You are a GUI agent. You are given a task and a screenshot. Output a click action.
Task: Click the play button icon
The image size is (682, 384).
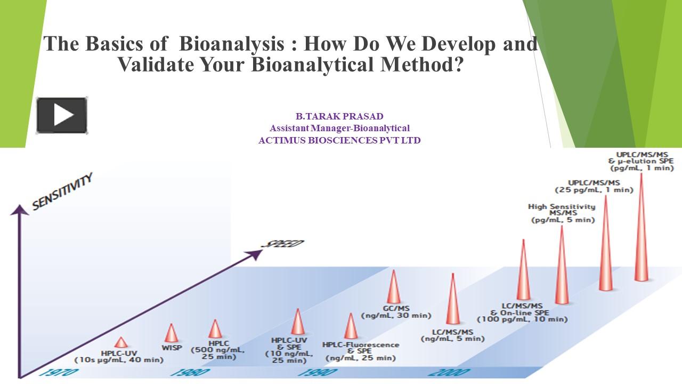coord(62,115)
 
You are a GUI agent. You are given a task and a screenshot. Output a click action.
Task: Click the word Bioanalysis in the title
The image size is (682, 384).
coord(232,44)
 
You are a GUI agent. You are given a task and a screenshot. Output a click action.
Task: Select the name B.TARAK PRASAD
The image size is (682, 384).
coord(339,116)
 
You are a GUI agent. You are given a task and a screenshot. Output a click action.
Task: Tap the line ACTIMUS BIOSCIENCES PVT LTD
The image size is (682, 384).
coord(339,140)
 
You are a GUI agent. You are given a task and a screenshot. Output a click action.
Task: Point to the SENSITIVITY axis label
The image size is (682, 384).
coord(62,191)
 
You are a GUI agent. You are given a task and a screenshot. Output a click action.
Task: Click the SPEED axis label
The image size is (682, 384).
coord(283,244)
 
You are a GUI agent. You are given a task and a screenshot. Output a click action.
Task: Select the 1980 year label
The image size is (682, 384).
coord(190,372)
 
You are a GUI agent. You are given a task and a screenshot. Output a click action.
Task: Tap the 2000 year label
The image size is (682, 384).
coord(449,372)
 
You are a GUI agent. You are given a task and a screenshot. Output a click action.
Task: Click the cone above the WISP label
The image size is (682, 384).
coord(172,333)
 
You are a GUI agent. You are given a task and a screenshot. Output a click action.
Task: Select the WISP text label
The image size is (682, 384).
coord(172,348)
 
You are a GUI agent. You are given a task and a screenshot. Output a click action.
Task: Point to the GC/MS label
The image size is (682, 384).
coord(396,308)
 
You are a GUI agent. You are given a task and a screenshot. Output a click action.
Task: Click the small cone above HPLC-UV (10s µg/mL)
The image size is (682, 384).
coord(121,342)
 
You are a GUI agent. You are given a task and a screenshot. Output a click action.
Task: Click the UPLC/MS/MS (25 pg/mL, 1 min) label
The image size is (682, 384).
coord(594,186)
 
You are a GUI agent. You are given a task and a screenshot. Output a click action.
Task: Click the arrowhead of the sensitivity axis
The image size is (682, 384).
coord(20,210)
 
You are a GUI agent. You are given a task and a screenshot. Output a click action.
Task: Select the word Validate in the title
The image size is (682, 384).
coord(155,65)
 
